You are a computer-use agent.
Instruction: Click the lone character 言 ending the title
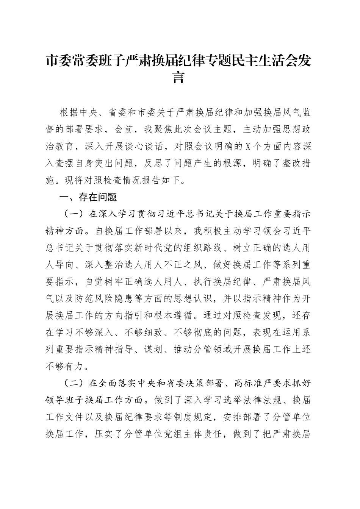click(x=179, y=77)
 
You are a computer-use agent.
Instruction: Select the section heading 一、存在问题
click(x=88, y=197)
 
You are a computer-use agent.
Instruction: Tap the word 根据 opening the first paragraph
click(x=69, y=112)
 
